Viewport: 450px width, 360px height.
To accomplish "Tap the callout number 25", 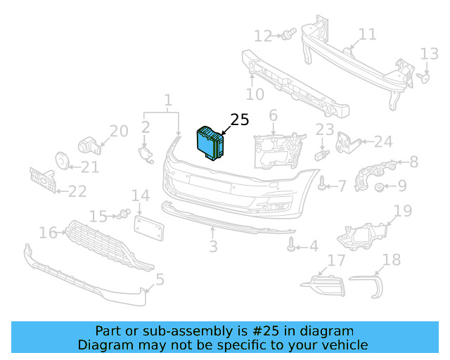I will [239, 120].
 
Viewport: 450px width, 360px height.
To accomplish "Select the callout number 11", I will [367, 34].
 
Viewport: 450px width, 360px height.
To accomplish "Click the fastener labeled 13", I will [424, 78].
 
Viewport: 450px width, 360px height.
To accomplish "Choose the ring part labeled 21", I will [61, 163].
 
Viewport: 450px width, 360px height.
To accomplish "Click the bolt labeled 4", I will [290, 245].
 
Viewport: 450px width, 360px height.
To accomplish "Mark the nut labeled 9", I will [378, 187].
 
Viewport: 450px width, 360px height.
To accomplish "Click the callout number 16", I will [48, 232].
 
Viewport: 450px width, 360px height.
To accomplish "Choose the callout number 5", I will [160, 280].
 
